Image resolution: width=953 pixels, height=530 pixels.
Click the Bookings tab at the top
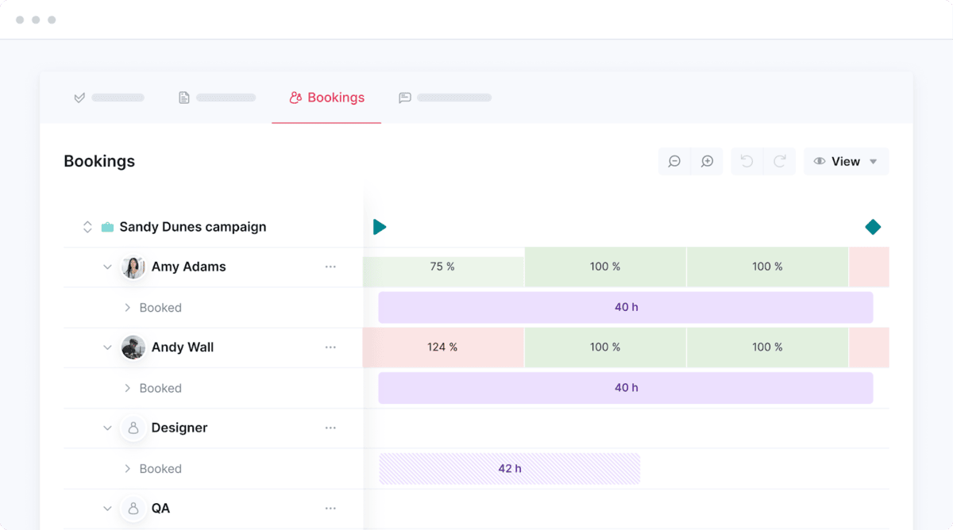coord(327,98)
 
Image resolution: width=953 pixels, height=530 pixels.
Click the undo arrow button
coord(747,161)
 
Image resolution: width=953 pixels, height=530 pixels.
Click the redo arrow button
coord(780,161)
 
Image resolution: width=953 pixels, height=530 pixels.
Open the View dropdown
coord(846,161)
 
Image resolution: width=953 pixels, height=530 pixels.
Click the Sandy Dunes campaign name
coord(192,227)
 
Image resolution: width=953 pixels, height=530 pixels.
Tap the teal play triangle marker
coord(380,227)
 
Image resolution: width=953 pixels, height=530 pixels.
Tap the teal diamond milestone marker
coord(873,227)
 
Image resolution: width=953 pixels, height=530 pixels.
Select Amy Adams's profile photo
coord(133,267)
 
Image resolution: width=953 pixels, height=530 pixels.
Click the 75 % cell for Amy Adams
coord(442,267)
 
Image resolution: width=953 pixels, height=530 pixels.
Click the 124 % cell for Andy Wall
coord(442,348)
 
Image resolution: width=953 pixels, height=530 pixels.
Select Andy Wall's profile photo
coord(133,348)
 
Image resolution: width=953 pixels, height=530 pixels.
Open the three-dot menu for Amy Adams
coord(330,267)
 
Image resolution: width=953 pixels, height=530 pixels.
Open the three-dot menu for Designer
coord(330,428)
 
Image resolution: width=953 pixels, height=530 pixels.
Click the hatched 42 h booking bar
coord(509,469)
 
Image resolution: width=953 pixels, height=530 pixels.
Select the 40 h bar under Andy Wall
coord(626,388)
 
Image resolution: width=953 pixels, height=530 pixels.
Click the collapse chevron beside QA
coord(107,509)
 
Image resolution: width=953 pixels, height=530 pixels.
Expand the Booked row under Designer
coord(127,469)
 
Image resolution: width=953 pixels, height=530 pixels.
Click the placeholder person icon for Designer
coord(133,428)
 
